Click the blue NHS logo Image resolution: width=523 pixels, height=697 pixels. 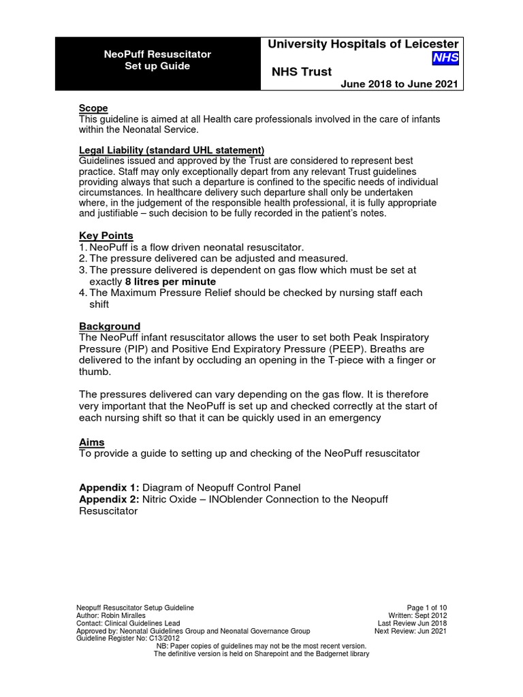446,59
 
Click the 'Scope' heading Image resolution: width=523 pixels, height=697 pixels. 93,108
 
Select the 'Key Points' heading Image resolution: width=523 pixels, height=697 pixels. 106,236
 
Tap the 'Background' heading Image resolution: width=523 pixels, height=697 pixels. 110,326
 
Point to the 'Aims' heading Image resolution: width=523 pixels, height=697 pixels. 92,442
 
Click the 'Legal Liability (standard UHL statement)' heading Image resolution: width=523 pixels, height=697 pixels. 172,150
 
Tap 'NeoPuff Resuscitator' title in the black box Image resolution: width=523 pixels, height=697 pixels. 157,54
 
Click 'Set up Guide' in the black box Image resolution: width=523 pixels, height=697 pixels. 157,66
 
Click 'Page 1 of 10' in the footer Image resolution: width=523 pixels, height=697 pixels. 426,607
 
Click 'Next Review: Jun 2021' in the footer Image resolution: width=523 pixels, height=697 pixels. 411,631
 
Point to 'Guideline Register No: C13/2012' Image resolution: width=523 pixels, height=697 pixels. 129,638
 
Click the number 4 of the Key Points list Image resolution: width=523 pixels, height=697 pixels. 83,293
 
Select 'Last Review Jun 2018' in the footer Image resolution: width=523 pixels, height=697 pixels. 412,623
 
